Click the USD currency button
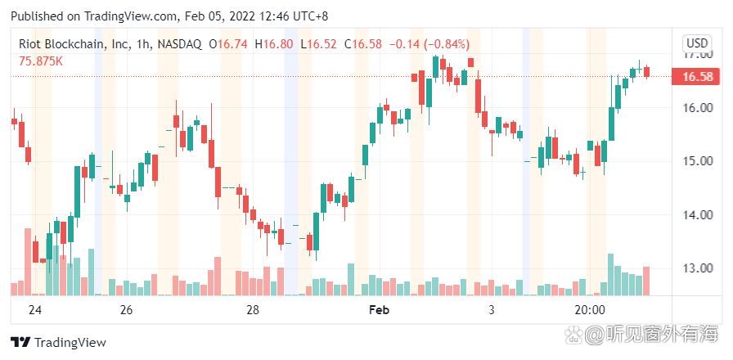click(697, 43)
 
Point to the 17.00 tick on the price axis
click(697, 54)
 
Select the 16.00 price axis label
click(697, 107)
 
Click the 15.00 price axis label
click(697, 161)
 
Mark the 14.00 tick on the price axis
click(697, 214)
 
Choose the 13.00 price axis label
click(697, 268)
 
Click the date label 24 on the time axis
click(34, 310)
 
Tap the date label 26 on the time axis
click(126, 310)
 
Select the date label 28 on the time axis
click(253, 310)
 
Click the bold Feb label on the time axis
click(379, 310)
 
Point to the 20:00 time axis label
click(590, 310)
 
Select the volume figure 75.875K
click(42, 61)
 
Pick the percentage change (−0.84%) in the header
click(443, 44)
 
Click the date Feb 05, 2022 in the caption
click(219, 16)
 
